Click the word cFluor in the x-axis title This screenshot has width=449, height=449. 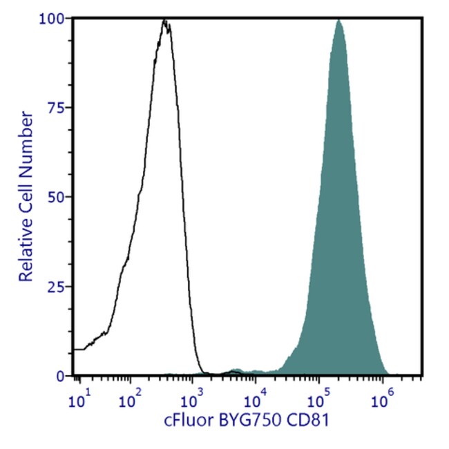click(184, 419)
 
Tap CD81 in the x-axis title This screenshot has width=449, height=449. click(300, 419)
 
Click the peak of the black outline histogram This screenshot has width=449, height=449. click(164, 21)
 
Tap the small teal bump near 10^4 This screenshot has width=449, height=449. click(238, 371)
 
